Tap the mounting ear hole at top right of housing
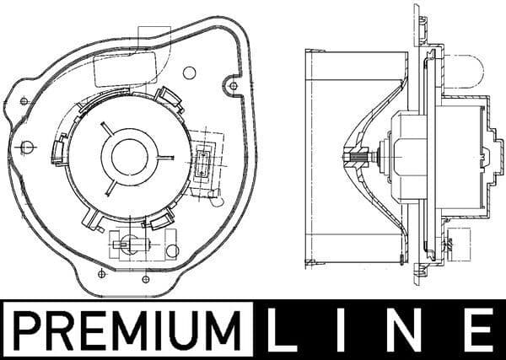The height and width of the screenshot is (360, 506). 234,83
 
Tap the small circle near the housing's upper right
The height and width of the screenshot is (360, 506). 193,72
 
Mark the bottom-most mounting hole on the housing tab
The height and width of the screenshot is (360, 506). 101,273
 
